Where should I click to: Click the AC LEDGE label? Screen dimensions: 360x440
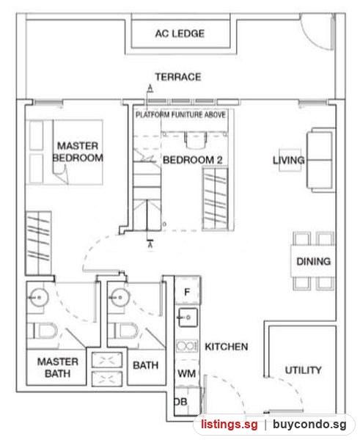[180, 34]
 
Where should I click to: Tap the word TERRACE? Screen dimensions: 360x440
[178, 77]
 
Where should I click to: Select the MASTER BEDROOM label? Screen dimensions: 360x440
[78, 152]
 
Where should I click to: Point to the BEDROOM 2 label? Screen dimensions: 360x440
[193, 160]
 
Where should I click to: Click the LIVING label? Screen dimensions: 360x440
[289, 160]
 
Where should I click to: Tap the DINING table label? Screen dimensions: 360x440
[313, 261]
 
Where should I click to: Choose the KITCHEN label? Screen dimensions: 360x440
[226, 347]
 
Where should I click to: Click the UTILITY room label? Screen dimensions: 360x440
[303, 370]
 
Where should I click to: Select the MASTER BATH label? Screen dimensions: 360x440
[57, 367]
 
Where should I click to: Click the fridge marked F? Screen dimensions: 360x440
[187, 291]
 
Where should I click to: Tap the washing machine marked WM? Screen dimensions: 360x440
[186, 373]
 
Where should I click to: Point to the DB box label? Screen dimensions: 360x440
[180, 402]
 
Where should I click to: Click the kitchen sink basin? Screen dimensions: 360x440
[188, 318]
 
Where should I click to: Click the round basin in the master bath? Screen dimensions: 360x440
[39, 297]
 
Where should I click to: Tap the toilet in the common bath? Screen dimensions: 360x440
[123, 331]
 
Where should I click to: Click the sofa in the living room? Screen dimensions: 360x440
[321, 160]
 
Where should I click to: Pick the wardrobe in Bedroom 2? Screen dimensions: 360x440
[216, 199]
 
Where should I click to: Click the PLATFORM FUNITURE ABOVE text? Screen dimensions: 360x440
[180, 114]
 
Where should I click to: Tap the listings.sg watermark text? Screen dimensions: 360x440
[229, 424]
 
